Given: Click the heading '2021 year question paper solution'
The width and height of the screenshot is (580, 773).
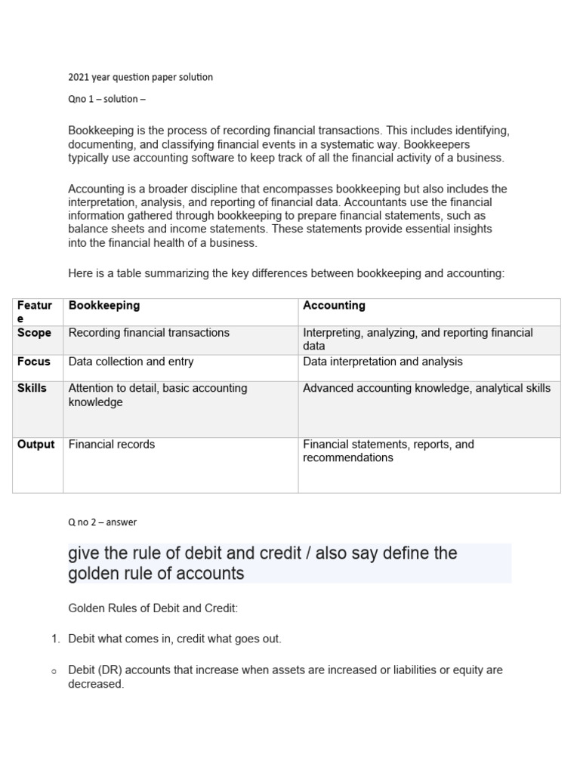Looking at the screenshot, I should pos(140,77).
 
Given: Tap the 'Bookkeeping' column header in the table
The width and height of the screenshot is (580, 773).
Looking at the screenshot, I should pos(104,306).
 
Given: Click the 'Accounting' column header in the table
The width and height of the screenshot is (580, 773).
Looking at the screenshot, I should pos(334,306).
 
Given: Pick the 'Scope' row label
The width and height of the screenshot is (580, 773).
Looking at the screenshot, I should pos(34,333).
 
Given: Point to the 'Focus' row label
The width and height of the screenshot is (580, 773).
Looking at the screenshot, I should pos(33,362).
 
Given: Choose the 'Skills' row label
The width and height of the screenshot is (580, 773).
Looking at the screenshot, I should pos(32,388).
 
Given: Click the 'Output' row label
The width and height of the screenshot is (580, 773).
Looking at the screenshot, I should pos(36,445).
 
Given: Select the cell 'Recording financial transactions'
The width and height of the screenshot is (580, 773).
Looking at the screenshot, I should pos(149,333).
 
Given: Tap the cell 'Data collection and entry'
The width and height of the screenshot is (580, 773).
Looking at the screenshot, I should pos(131,362).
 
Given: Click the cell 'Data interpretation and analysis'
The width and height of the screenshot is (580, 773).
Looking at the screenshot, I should pos(382,362).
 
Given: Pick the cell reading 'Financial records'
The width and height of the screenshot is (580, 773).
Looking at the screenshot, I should pos(111,445).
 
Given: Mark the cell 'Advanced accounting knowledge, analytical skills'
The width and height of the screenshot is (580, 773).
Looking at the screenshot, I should pos(427,388).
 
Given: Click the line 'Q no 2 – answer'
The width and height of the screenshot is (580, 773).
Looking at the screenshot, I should pos(102,522).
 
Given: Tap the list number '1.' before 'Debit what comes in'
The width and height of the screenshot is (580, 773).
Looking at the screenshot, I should pos(55,639).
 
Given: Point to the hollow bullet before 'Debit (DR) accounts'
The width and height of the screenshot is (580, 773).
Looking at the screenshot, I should pos(54,671).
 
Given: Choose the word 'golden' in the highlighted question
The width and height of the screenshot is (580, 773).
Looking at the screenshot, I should pos(93,574).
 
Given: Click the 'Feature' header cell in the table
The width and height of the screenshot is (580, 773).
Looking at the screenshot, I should pos(35,312).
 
